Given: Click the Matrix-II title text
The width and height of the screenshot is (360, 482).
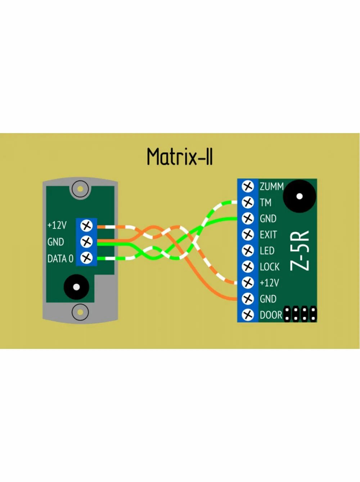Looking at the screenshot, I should [180, 157].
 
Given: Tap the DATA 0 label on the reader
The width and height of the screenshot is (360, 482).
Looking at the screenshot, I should [60, 258].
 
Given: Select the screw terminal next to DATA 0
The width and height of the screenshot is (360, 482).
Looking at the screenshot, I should [86, 258].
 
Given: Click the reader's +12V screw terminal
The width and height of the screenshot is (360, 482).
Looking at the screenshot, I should [86, 226].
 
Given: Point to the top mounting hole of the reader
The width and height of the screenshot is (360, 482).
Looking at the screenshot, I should [80, 188].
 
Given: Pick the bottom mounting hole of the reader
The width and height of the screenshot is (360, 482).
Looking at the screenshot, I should [80, 312].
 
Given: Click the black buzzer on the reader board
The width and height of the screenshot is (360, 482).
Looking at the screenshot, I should [76, 287].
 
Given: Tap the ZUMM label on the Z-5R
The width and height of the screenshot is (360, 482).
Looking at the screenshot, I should [271, 186].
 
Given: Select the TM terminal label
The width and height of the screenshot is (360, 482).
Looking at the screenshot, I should [265, 203].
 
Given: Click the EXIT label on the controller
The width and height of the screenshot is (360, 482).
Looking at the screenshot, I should [268, 235].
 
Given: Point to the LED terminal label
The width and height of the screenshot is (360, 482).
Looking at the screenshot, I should [267, 251].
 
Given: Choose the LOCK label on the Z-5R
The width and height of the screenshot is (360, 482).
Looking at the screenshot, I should [269, 267].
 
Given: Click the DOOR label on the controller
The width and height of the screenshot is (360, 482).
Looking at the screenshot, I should [271, 315].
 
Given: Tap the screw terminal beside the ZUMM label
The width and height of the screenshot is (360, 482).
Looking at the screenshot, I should [248, 186].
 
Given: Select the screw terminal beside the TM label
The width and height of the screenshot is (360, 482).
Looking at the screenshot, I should [248, 203].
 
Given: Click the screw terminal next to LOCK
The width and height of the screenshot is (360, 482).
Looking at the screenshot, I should [248, 267].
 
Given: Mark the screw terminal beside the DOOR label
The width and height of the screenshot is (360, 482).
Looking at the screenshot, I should [248, 315].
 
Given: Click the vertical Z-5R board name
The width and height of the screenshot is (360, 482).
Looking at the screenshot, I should [300, 250].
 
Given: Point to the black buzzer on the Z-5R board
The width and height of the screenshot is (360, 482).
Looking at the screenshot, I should [299, 196].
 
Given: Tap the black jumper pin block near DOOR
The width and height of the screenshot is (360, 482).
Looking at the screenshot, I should [300, 314].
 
